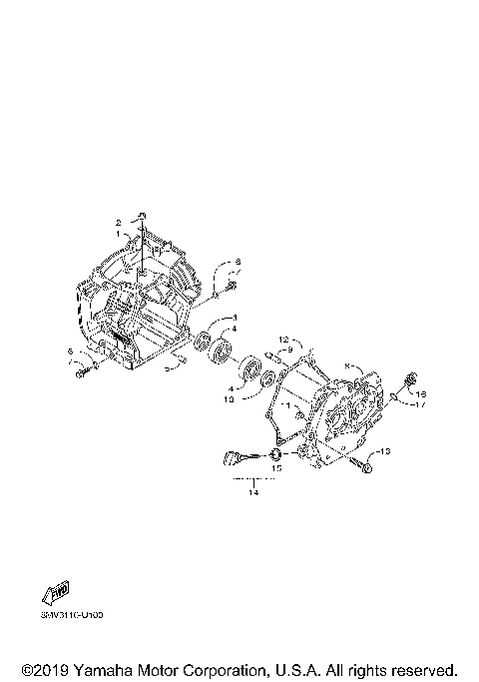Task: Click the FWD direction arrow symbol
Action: (x=56, y=594)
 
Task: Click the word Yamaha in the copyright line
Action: (x=100, y=668)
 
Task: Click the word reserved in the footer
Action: (x=420, y=668)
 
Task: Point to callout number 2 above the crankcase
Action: (x=117, y=222)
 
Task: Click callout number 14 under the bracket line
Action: (x=253, y=491)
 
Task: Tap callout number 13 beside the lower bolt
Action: (x=387, y=451)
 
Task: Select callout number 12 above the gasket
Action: (x=283, y=339)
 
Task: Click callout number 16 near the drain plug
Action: (x=421, y=393)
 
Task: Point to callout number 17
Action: (x=421, y=405)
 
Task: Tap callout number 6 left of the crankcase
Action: (x=70, y=350)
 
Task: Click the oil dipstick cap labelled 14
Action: (x=234, y=460)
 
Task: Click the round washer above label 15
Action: (x=274, y=455)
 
